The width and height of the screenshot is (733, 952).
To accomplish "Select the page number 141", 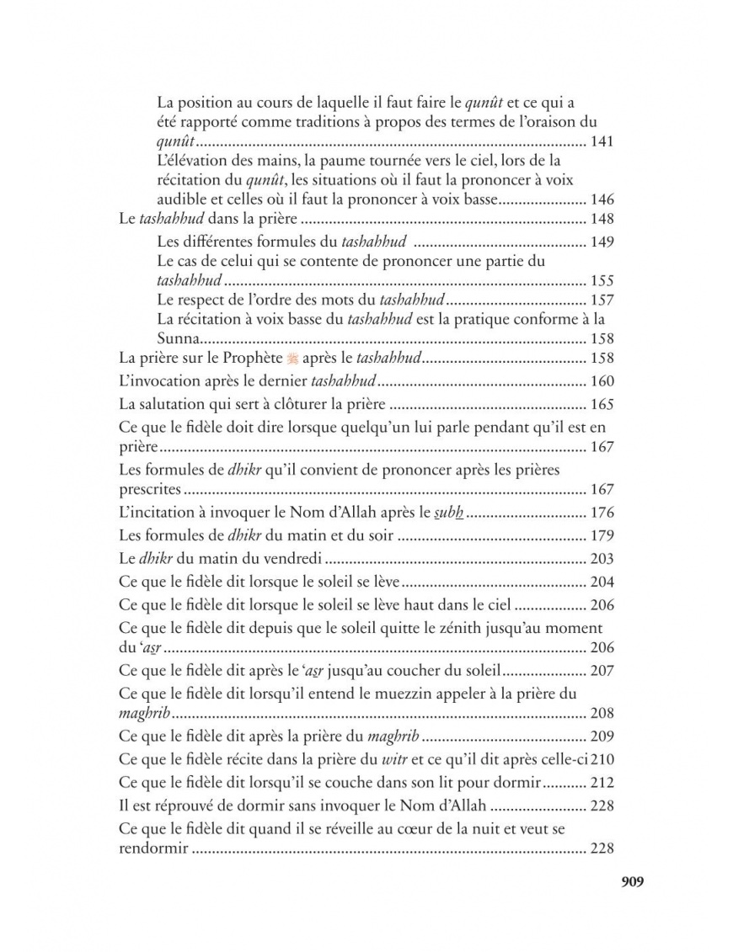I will (x=602, y=141).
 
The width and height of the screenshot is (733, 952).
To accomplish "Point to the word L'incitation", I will (x=156, y=512).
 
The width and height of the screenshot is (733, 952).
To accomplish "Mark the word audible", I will (x=181, y=199).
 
